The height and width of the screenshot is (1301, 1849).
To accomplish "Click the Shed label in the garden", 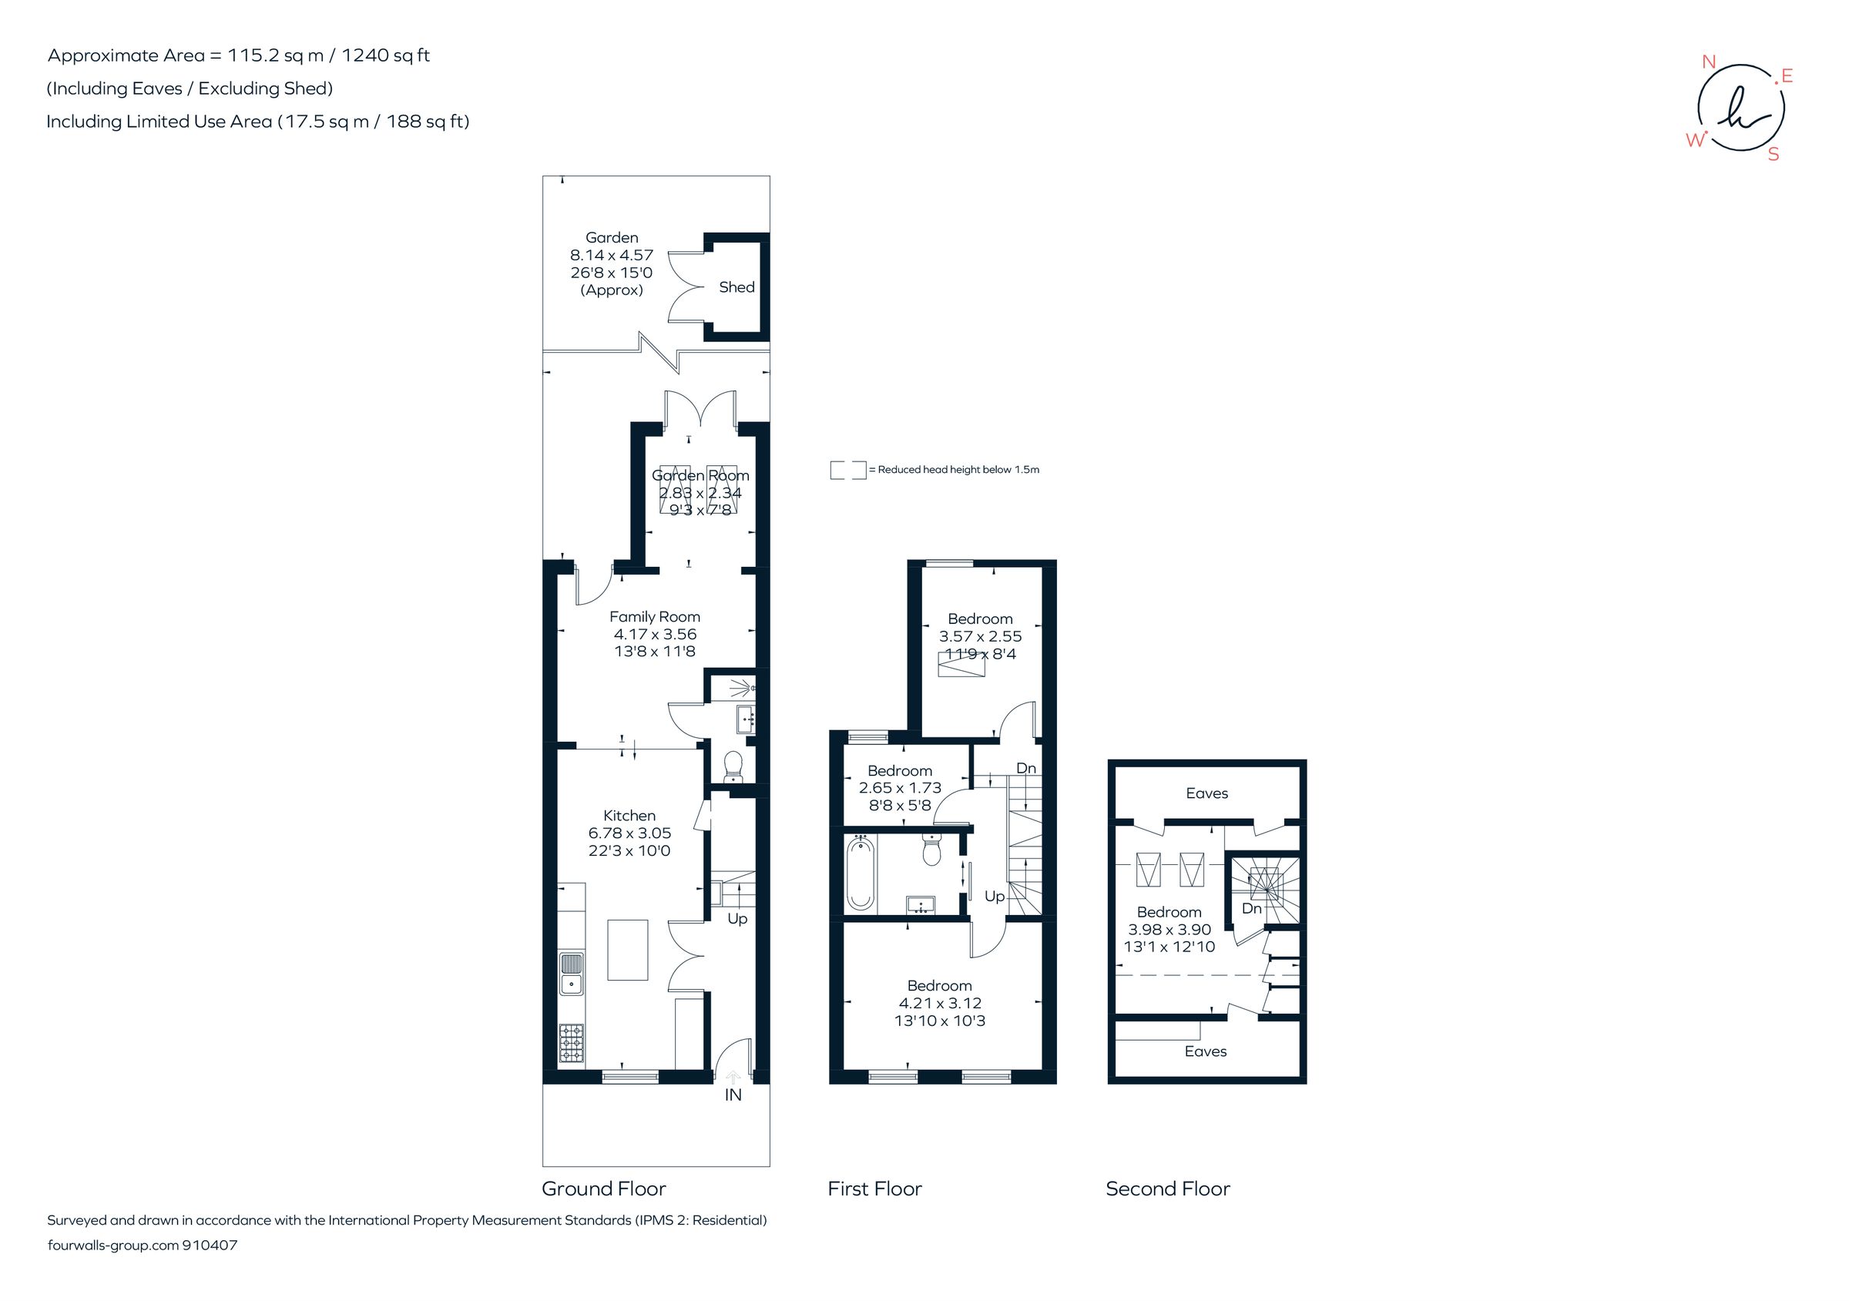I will click(736, 287).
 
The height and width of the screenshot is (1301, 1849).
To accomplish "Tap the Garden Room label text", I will click(700, 476).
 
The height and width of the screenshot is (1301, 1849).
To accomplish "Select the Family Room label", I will click(654, 617).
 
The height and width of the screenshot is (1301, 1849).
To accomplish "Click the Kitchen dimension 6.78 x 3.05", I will click(629, 833).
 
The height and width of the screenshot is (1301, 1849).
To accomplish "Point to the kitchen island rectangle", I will click(627, 950).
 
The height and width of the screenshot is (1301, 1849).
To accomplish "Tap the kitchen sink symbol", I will click(571, 974).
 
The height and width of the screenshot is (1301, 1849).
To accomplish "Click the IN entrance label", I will click(733, 1095).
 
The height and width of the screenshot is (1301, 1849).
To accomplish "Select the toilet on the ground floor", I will click(733, 766).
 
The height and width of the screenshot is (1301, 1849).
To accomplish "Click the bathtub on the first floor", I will click(859, 874).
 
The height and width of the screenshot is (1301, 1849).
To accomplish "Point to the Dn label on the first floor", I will click(1025, 768).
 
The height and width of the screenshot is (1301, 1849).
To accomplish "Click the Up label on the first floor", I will click(994, 896).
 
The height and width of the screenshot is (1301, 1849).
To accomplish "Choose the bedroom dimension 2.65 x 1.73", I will click(900, 788).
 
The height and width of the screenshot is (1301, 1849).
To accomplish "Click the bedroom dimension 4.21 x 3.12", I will click(939, 1003).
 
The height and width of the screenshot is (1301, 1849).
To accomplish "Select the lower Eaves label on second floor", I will click(1205, 1051).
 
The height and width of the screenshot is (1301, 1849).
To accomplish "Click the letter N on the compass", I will click(1708, 62).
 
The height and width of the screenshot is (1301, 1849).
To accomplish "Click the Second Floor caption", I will click(1167, 1189).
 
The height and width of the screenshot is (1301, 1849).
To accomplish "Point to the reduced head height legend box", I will click(847, 470).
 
